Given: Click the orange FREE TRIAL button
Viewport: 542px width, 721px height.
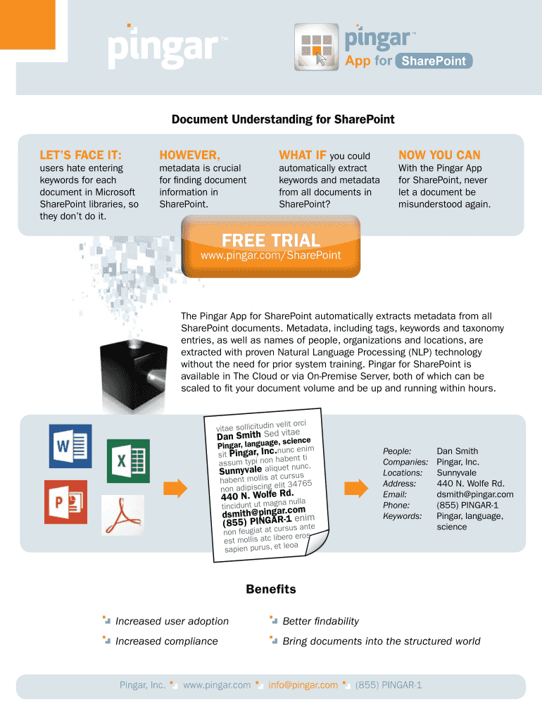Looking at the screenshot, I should click(x=270, y=246).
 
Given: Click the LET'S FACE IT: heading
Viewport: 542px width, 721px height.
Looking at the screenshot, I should click(x=80, y=155).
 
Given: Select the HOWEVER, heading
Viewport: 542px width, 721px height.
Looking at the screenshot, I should click(x=189, y=155).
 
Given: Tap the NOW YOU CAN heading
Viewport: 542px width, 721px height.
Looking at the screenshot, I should click(x=439, y=155).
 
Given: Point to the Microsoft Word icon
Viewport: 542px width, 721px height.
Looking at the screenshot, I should click(x=70, y=446).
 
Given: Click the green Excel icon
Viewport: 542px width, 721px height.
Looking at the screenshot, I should click(x=127, y=461).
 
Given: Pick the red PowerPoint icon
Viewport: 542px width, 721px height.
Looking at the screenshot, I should click(x=65, y=501).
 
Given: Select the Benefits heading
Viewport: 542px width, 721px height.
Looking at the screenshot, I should click(x=271, y=589).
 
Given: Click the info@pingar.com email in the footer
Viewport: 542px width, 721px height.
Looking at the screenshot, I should click(x=303, y=684).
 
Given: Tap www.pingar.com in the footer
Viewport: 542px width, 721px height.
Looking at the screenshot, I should click(x=217, y=684).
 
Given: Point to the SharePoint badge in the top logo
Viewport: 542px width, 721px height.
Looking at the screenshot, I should click(x=434, y=61).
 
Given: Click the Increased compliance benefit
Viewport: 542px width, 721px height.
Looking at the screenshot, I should click(x=167, y=641).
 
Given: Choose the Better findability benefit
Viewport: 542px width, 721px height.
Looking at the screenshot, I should click(x=320, y=621).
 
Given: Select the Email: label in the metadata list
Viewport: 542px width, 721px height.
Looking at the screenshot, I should click(x=395, y=494).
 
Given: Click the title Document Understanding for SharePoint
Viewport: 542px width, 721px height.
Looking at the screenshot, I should click(x=283, y=120).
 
